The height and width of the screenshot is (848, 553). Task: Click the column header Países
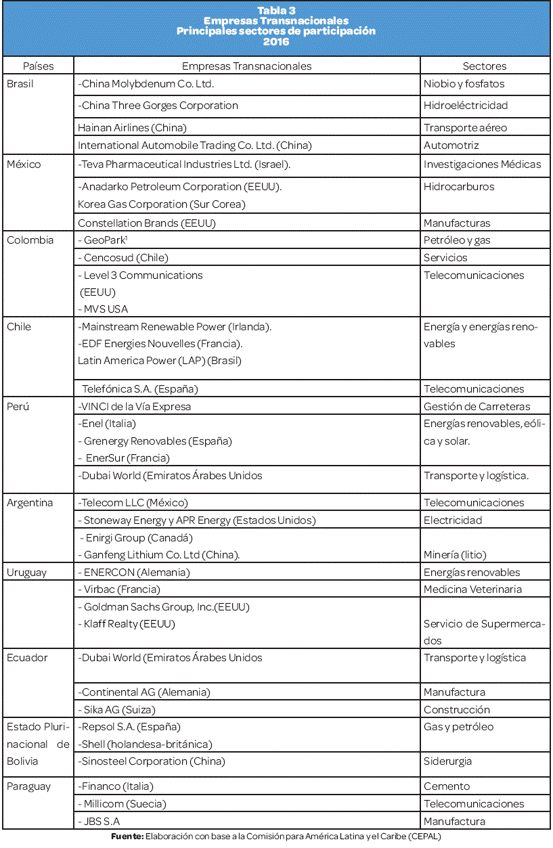(38, 66)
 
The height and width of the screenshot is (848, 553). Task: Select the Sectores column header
(484, 66)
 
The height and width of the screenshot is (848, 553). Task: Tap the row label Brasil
(20, 84)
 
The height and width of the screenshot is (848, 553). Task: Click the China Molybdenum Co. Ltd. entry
(146, 84)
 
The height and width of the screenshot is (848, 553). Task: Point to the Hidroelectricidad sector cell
(466, 106)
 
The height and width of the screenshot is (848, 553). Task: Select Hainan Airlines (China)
(132, 127)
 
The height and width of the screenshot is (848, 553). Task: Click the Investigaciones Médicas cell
(482, 164)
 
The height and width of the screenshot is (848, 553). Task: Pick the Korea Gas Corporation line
(161, 204)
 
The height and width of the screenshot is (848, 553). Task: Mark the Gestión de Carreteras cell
(477, 407)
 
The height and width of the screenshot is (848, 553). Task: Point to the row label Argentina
(30, 503)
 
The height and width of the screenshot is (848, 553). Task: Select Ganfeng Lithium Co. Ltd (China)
(160, 555)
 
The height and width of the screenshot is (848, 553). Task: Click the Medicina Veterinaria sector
(472, 589)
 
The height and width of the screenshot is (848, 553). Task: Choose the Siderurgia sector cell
(447, 761)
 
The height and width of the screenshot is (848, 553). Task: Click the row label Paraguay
(28, 786)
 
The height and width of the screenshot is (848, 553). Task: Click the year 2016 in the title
(276, 42)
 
